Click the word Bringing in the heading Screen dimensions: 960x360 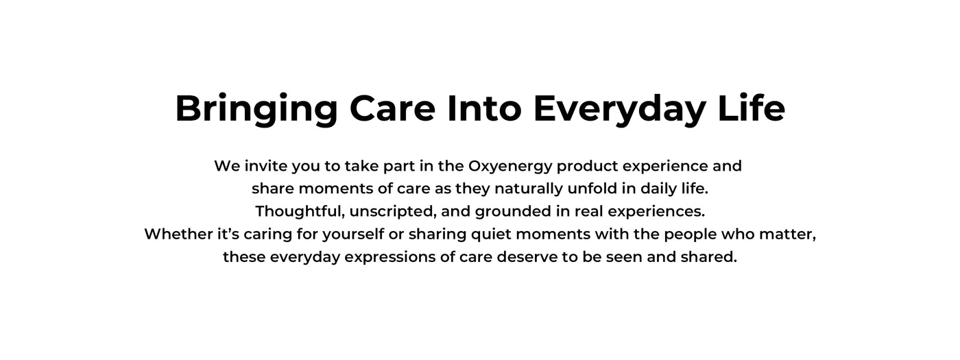256,110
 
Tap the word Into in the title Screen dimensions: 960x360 484,108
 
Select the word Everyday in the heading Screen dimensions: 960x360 619,110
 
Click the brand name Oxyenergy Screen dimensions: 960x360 510,166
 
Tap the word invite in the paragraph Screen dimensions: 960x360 266,166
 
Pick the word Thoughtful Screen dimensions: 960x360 300,212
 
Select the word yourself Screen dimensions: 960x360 353,235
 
